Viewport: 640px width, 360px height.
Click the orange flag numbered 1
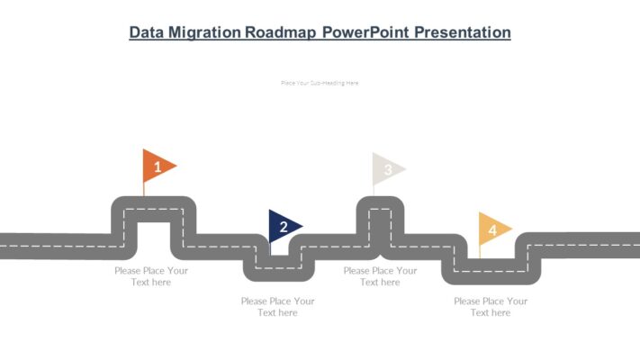click(158, 166)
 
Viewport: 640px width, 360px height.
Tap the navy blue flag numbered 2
click(284, 227)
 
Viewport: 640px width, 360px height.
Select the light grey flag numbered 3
click(388, 169)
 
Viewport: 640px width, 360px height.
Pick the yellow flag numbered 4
click(493, 229)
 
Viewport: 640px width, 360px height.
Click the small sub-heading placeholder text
click(320, 83)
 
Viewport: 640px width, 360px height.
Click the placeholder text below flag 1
click(151, 276)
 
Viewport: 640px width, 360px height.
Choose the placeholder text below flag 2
click(277, 307)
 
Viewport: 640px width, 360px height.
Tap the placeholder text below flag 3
click(380, 276)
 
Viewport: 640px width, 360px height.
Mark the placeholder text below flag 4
click(491, 307)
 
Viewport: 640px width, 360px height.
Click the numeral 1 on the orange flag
click(158, 166)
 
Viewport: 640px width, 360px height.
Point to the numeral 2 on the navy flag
click(284, 227)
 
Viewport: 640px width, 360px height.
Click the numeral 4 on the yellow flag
click(491, 230)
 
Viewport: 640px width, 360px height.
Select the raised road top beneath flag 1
click(153, 210)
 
